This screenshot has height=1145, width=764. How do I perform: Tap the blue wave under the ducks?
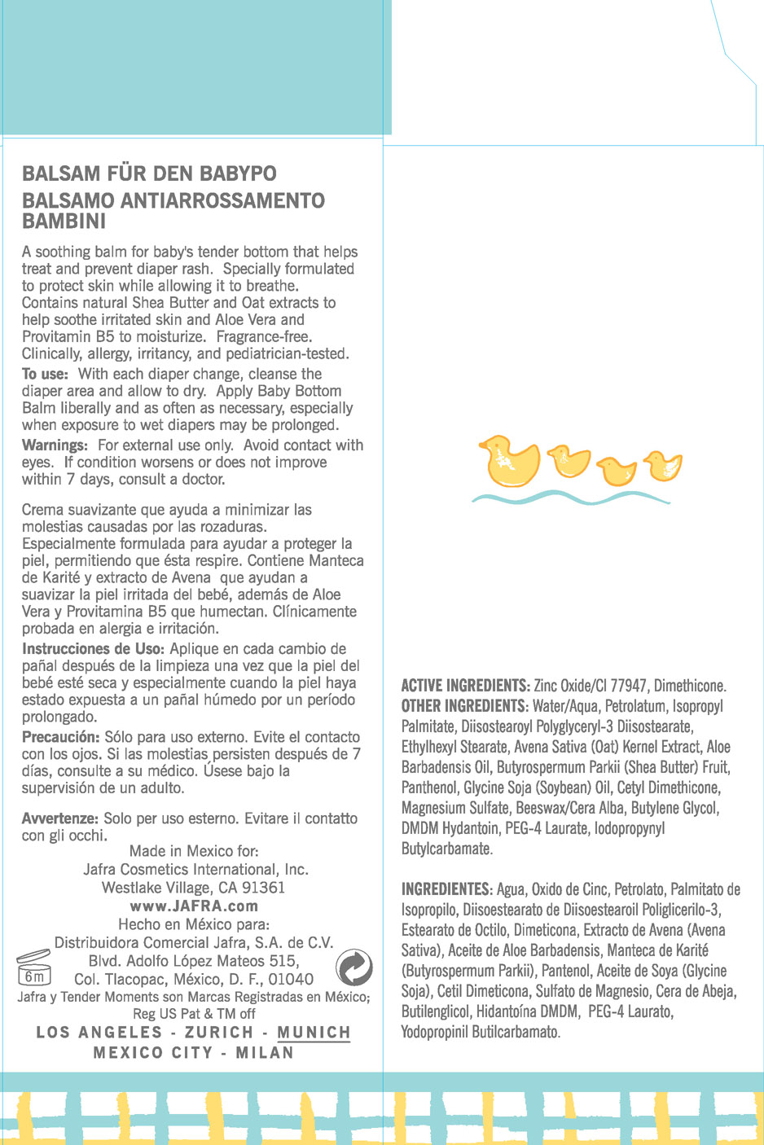pyautogui.click(x=570, y=498)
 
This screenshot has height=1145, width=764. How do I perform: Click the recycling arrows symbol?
pyautogui.click(x=354, y=967)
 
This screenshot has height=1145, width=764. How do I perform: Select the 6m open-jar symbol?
pyautogui.click(x=34, y=968)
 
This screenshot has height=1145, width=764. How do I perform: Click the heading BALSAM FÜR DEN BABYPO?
pyautogui.click(x=149, y=173)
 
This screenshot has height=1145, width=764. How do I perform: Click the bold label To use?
pyautogui.click(x=45, y=374)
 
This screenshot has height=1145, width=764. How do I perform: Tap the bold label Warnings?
pyautogui.click(x=55, y=445)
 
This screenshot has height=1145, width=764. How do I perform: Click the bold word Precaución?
pyautogui.click(x=61, y=736)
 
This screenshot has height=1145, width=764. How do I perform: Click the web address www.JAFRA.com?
pyautogui.click(x=194, y=906)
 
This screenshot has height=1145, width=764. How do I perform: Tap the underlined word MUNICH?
pyautogui.click(x=314, y=1033)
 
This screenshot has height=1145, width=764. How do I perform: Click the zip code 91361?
pyautogui.click(x=263, y=888)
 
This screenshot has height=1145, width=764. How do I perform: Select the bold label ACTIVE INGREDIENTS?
pyautogui.click(x=465, y=686)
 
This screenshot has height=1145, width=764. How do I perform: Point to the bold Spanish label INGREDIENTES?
pyautogui.click(x=446, y=889)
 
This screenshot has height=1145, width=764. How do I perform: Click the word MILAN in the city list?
pyautogui.click(x=265, y=1053)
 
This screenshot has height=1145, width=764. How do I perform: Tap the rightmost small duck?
pyautogui.click(x=663, y=466)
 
